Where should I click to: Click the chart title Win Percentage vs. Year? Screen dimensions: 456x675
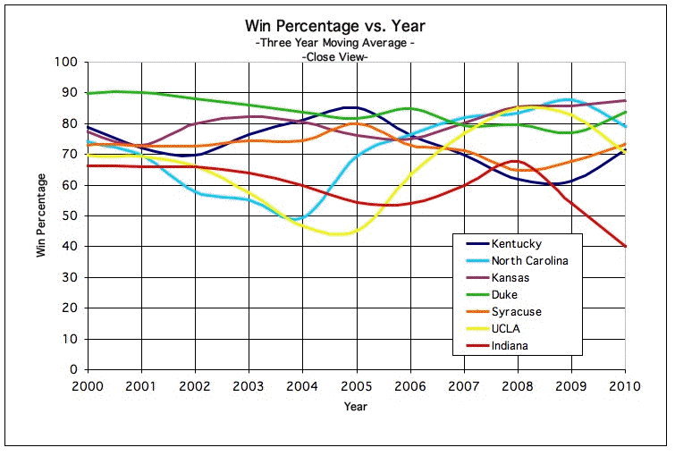[335, 26]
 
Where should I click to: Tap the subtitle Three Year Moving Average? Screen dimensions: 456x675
[335, 43]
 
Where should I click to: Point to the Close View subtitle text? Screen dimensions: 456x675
[335, 56]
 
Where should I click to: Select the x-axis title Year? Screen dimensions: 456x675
[355, 406]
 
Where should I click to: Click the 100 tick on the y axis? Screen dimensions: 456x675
[67, 63]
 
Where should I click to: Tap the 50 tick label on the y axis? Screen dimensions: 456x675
[71, 216]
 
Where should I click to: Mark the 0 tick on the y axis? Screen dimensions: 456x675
[74, 369]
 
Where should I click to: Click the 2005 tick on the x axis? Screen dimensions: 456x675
[356, 385]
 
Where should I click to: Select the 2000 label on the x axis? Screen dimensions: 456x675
[88, 385]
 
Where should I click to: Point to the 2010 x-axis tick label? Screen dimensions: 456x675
[625, 385]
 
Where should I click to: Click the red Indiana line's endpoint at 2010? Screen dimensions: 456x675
[625, 246]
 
